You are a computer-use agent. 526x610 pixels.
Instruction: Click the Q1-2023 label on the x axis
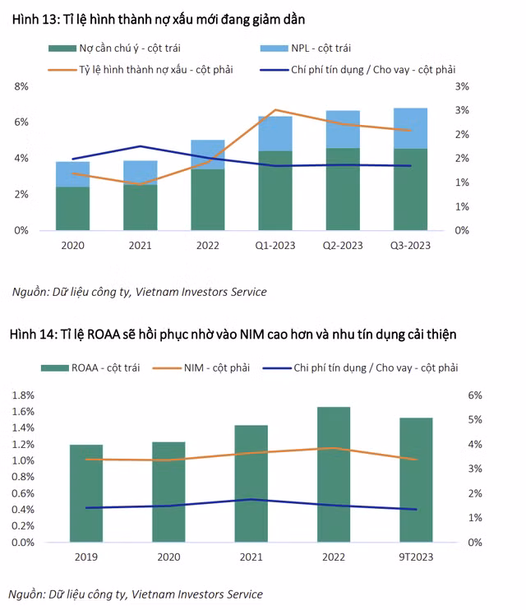[275, 244]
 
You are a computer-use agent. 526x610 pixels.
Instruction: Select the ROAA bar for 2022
[334, 474]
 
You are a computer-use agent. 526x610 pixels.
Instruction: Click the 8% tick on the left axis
[21, 85]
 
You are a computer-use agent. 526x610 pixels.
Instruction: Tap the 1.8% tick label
[23, 395]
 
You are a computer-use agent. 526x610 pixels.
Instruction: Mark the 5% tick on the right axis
[474, 420]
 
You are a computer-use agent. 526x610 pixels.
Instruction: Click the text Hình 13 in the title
[35, 19]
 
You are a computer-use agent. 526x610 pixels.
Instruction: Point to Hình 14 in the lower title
[34, 334]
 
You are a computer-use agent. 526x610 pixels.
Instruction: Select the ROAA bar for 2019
[86, 493]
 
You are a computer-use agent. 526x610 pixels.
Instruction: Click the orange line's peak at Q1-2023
[275, 109]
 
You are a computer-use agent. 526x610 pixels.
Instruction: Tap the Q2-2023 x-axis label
[343, 244]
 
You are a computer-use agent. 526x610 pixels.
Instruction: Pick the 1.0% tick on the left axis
[23, 460]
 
